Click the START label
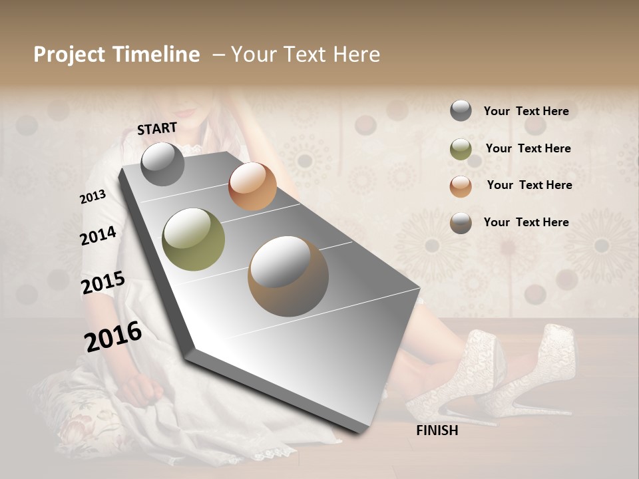157,128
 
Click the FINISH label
437,430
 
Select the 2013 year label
93,197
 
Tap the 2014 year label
98,236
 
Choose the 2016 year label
113,336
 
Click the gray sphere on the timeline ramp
162,164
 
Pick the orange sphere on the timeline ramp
252,186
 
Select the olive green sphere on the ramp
194,239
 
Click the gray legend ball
461,110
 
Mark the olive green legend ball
461,148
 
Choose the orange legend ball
461,186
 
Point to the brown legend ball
461,223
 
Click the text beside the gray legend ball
526,111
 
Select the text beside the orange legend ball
529,185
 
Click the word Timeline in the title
156,55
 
